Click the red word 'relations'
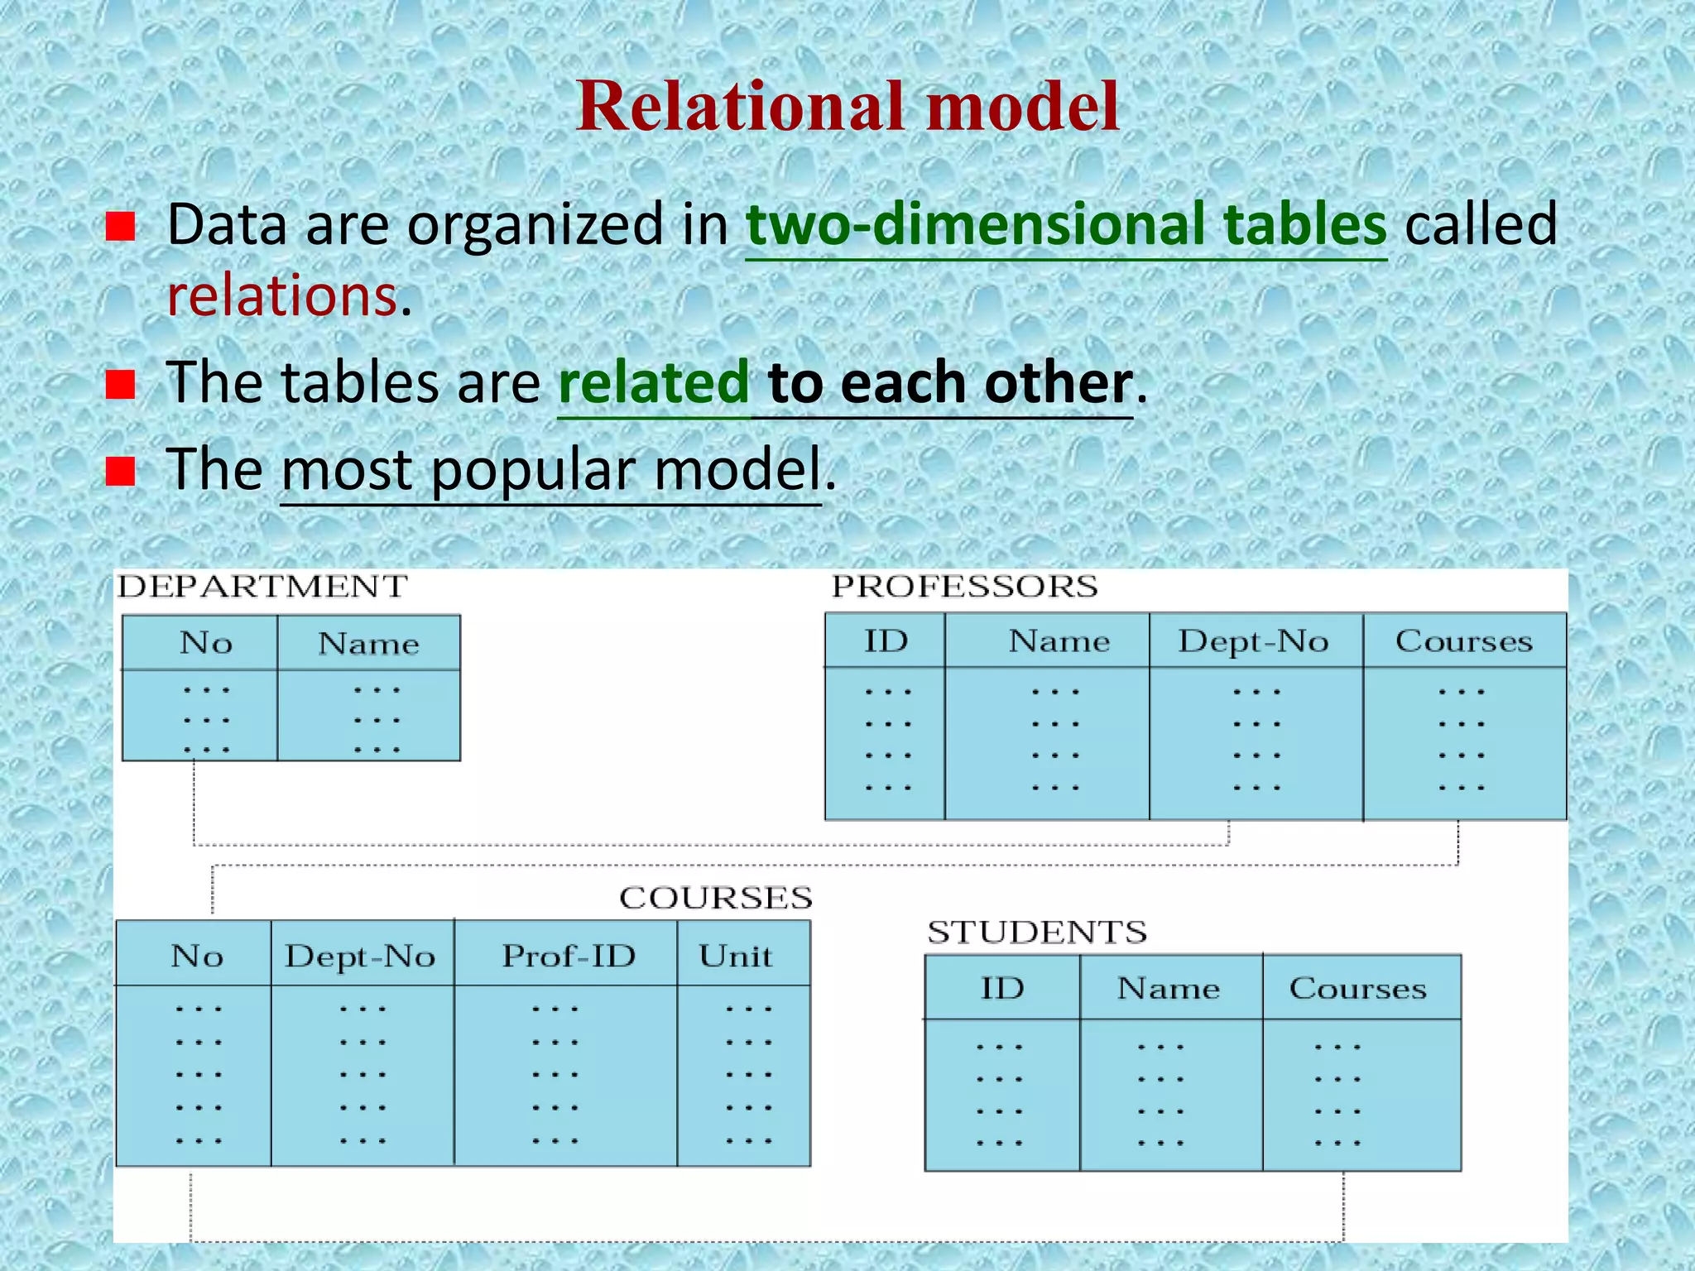click(282, 295)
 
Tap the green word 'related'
click(654, 382)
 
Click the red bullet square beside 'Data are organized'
click(121, 225)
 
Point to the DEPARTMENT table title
click(262, 587)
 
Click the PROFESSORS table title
click(965, 587)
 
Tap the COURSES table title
click(716, 898)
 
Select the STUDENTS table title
click(1037, 933)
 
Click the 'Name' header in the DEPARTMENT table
click(369, 644)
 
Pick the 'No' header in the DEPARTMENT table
click(206, 643)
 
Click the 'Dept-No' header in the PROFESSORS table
click(1254, 641)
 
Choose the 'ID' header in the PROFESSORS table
click(886, 641)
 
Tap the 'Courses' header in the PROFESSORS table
click(1464, 641)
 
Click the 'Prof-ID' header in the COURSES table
click(569, 957)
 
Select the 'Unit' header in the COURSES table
click(736, 957)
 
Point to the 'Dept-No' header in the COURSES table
click(360, 957)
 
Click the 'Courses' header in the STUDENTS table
click(1358, 988)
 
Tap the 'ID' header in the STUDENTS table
click(1002, 988)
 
